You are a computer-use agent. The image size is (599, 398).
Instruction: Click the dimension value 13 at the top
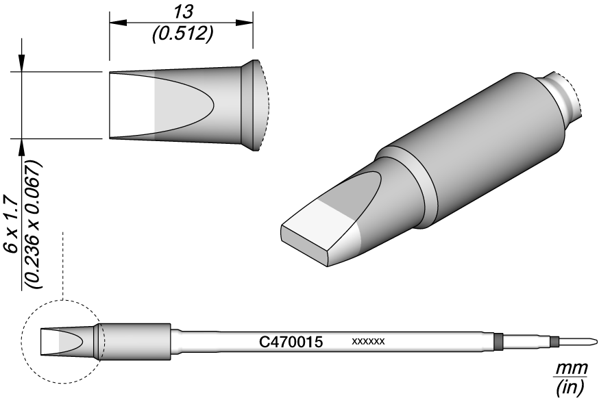(183, 12)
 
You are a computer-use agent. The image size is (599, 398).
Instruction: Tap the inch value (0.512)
(182, 35)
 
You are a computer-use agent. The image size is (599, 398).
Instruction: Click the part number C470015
(291, 341)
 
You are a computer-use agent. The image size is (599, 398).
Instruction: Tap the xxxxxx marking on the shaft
(368, 341)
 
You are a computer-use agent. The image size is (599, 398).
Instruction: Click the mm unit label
(571, 369)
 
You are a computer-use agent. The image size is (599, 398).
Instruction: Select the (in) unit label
(571, 387)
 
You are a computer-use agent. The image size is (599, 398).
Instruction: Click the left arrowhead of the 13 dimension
(118, 23)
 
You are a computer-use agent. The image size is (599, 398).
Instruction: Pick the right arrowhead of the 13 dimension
(245, 23)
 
